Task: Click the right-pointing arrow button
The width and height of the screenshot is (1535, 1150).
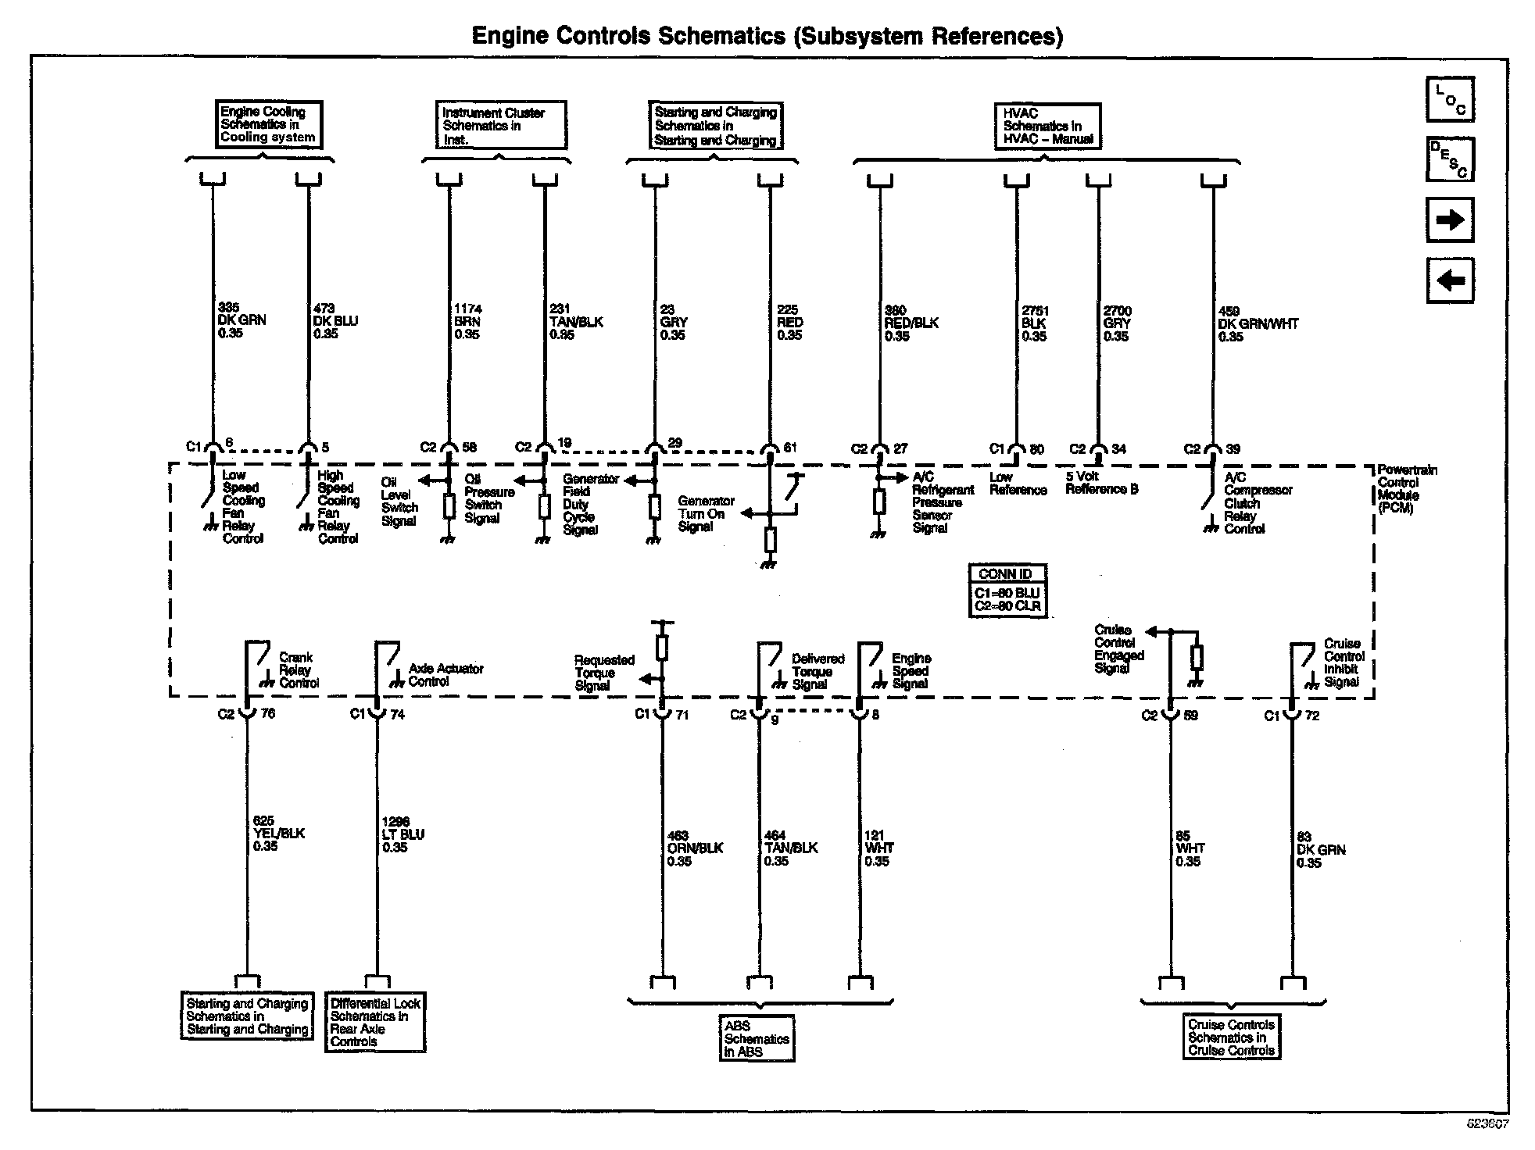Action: (x=1450, y=220)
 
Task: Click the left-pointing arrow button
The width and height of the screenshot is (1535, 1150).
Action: (x=1450, y=280)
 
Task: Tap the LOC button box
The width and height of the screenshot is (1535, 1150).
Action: (x=1450, y=100)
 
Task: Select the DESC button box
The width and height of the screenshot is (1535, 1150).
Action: (x=1450, y=159)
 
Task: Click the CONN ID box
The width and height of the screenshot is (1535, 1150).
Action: (x=1007, y=591)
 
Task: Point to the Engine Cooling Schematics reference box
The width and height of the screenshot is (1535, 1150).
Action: (x=269, y=125)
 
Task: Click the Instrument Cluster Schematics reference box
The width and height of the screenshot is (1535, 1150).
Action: (x=500, y=125)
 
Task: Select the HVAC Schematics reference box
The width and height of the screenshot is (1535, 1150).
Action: (x=1047, y=127)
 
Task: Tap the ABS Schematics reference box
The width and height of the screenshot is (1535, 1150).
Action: (x=757, y=1038)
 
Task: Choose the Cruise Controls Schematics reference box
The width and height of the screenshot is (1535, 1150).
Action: (x=1231, y=1037)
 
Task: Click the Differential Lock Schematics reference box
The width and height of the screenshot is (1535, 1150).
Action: (x=375, y=1023)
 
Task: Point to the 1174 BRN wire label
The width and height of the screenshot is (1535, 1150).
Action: (x=467, y=322)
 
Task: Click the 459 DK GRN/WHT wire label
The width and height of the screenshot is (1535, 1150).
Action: (x=1257, y=323)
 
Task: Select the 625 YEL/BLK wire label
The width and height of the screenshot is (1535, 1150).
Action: (x=278, y=834)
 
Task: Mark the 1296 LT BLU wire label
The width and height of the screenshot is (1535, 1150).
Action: (x=403, y=834)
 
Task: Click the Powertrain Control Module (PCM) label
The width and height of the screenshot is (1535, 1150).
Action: (x=1405, y=489)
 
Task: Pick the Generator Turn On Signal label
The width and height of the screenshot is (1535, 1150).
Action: (x=705, y=514)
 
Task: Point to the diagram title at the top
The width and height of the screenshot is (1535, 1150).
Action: (x=767, y=36)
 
